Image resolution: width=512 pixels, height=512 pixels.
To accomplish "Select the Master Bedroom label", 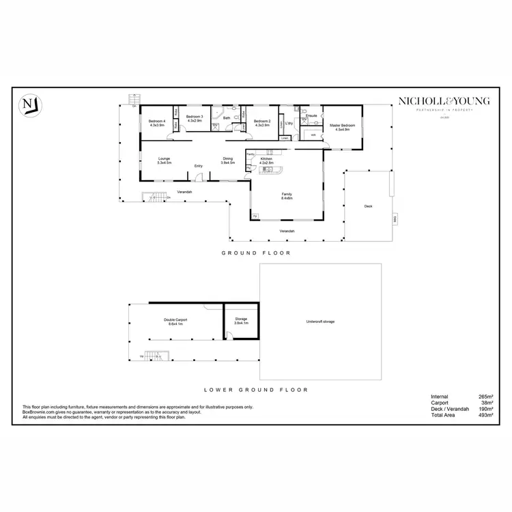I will [x=339, y=126].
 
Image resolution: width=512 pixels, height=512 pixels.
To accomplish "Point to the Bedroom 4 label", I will [x=157, y=124].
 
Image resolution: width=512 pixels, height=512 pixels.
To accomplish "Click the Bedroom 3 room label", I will [x=195, y=119].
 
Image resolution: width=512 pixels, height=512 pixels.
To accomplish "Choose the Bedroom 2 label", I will [x=263, y=123].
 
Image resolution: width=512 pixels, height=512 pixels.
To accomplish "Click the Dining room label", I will [x=227, y=161].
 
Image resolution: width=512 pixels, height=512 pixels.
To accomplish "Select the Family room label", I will [x=287, y=197].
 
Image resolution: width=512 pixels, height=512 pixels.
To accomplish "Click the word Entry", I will [x=199, y=166].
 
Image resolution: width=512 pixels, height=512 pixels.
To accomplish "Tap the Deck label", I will [x=368, y=205].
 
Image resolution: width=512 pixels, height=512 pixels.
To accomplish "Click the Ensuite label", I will [x=312, y=116].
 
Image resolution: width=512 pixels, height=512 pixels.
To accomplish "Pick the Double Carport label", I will [x=175, y=322].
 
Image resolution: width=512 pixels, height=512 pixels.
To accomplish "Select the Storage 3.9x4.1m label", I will [x=242, y=322].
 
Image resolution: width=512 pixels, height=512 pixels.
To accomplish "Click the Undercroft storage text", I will [x=320, y=322].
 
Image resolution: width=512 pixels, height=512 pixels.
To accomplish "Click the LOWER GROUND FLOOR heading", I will [x=256, y=390].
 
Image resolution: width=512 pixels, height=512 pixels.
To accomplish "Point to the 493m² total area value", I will [x=485, y=415].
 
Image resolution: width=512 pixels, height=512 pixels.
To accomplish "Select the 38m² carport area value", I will [x=487, y=403].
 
